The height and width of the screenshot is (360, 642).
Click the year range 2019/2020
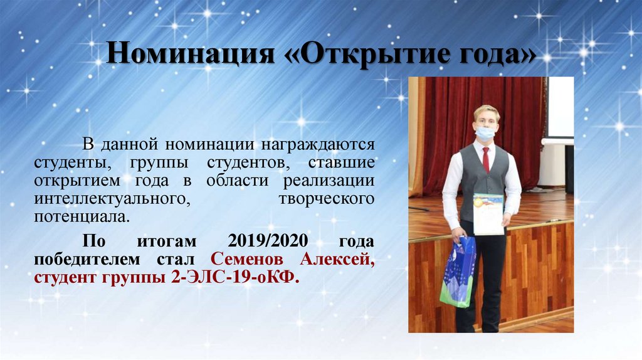(x=263, y=241)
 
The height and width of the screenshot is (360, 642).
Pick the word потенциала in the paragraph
(x=83, y=218)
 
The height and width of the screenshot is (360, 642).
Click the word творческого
(x=326, y=199)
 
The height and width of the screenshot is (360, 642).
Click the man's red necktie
(x=486, y=159)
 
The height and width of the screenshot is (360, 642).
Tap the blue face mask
(x=484, y=132)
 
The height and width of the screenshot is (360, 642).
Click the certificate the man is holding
(x=488, y=213)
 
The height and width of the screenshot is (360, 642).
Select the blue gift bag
(x=458, y=271)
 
